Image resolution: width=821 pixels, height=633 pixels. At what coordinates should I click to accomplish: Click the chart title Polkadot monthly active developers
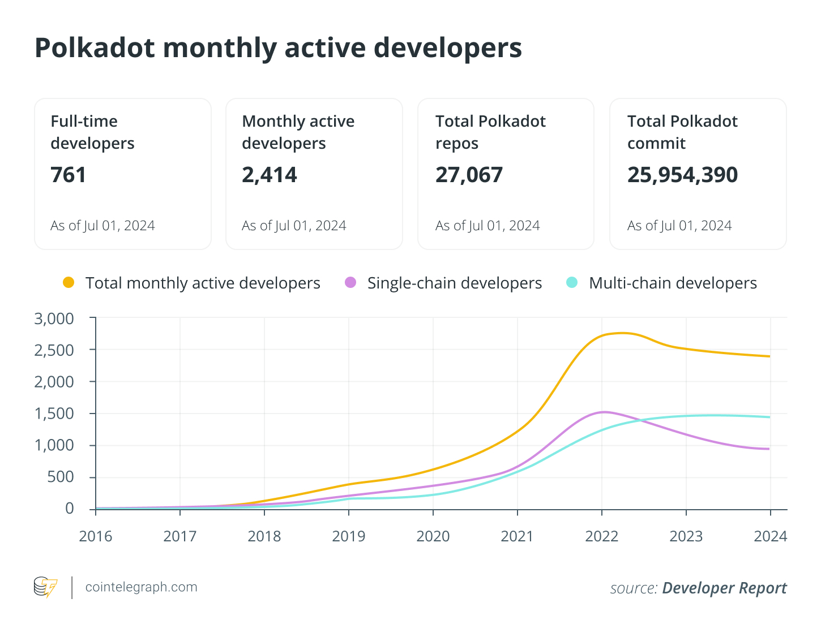point(278,48)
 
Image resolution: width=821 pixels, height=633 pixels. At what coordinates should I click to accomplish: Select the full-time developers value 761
point(69,175)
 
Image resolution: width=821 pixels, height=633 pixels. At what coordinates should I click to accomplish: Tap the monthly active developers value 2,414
point(269,175)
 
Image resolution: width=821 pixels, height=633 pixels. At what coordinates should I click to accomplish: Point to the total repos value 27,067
point(469,175)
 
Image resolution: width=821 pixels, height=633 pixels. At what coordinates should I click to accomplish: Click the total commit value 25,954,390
point(682,175)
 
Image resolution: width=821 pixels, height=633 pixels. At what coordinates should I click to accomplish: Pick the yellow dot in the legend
point(69,282)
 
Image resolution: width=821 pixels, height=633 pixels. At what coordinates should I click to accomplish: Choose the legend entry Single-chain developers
point(454,283)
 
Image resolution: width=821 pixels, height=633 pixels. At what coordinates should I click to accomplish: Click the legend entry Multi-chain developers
point(673,283)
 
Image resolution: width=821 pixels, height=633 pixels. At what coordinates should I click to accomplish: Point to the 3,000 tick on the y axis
point(54,319)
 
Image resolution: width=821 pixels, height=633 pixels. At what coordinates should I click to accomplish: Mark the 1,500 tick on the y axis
point(54,414)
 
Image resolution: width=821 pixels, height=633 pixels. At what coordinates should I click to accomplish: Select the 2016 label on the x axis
point(96,536)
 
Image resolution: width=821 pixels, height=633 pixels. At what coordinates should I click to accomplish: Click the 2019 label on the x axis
point(349,536)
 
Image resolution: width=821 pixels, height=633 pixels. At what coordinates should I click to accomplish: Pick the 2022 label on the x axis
point(602,536)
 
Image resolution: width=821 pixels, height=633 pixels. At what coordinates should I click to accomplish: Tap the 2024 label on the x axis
point(770,536)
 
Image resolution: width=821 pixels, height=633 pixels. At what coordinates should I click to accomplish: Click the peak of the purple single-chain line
point(604,412)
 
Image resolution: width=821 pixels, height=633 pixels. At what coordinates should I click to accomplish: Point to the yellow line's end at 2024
point(769,356)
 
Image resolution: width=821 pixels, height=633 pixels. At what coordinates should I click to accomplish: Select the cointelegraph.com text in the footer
point(141,587)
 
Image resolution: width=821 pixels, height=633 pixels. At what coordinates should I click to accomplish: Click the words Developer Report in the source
point(724,588)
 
